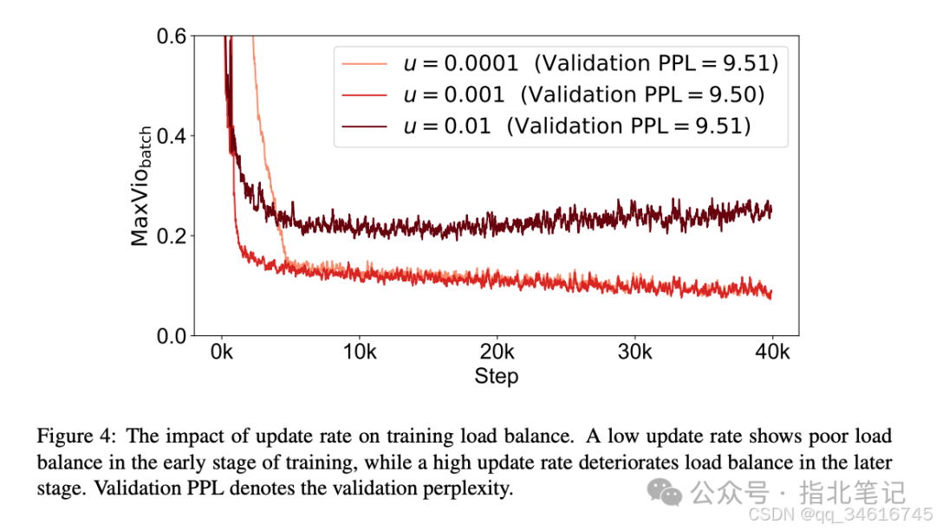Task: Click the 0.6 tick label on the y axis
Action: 172,36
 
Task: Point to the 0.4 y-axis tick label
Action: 172,136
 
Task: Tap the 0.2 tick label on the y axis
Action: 172,236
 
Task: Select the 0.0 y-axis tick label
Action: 172,336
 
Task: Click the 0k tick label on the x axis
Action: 223,352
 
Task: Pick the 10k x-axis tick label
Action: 359,352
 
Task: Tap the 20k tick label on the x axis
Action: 497,352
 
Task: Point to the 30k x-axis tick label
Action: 634,352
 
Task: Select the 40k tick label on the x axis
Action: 772,352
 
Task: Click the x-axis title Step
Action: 497,376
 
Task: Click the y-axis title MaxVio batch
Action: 142,185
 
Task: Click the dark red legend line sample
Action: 364,126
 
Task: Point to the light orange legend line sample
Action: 364,63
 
